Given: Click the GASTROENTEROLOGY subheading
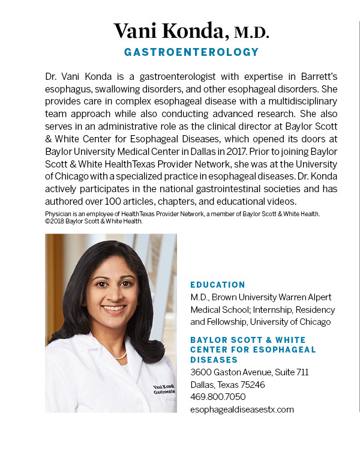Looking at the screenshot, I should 191,52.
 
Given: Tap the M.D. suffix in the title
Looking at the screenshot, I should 251,31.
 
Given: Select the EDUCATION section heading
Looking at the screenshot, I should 218,285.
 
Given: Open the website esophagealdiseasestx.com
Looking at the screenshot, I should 242,410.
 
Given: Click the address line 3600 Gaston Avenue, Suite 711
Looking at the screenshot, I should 249,372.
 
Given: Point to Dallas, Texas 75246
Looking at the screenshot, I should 227,384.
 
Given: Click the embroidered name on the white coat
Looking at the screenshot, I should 163,386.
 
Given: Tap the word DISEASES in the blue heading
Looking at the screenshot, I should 214,360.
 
